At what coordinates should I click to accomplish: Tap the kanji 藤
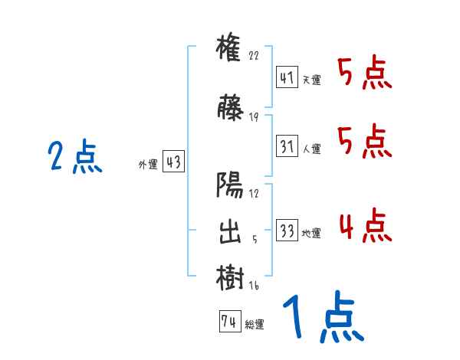[x=230, y=109]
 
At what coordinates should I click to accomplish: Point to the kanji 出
[x=230, y=232]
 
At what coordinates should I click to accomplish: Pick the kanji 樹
[x=230, y=278]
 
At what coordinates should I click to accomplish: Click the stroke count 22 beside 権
[x=255, y=56]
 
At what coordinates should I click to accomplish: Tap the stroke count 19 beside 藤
[x=255, y=117]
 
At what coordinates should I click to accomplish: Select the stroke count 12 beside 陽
[x=255, y=194]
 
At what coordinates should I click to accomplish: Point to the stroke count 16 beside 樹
[x=255, y=286]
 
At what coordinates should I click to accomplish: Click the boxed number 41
[x=287, y=77]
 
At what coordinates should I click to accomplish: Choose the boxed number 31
[x=287, y=146]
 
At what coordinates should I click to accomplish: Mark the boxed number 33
[x=287, y=231]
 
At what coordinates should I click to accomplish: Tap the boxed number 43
[x=172, y=162]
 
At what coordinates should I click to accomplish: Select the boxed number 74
[x=228, y=322]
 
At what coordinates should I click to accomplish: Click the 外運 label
[x=147, y=163]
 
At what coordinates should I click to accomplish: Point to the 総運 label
[x=254, y=324]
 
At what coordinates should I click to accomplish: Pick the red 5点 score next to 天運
[x=364, y=74]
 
